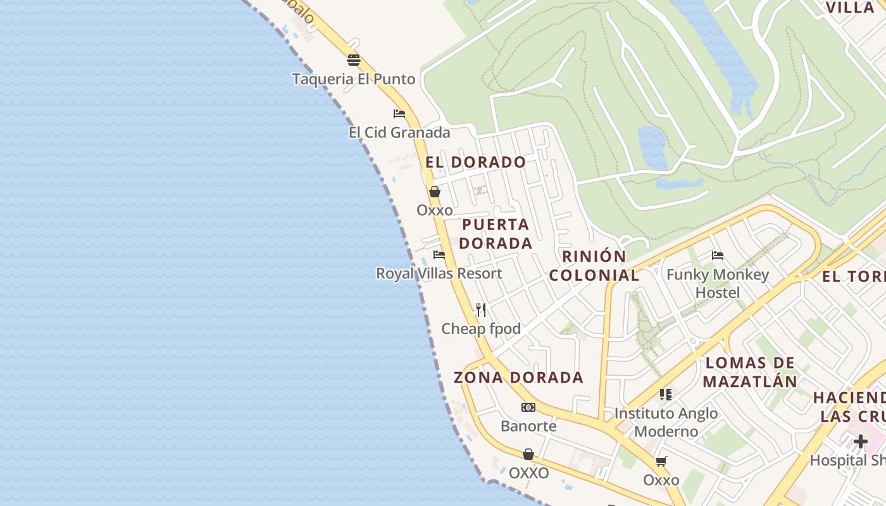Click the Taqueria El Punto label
click(353, 79)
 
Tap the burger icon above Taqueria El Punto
click(354, 60)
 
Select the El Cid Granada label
click(399, 132)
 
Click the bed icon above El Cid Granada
click(399, 114)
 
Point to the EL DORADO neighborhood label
click(475, 162)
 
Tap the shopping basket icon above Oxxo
click(435, 192)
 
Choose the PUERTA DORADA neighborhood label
click(496, 233)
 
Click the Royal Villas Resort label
click(439, 273)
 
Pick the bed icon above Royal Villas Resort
click(439, 255)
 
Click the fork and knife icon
click(481, 310)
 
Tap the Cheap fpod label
click(481, 329)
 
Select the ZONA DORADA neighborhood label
click(518, 378)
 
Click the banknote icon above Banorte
click(528, 407)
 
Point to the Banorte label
click(528, 426)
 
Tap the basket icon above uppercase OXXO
click(528, 454)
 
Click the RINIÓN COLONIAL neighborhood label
click(594, 266)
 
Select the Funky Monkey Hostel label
click(718, 283)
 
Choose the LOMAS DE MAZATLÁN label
click(750, 373)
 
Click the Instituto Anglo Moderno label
click(666, 422)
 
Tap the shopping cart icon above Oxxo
click(661, 462)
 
